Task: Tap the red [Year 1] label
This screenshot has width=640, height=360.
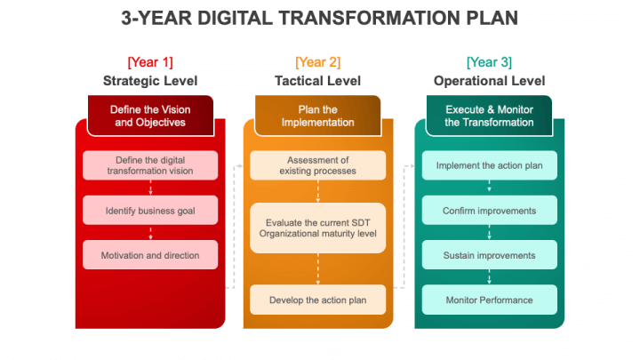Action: click(150, 62)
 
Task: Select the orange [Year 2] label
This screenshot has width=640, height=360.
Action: click(317, 62)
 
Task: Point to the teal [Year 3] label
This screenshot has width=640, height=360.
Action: click(489, 62)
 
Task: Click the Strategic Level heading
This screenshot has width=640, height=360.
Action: click(150, 81)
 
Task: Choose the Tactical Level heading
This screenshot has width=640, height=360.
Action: click(317, 81)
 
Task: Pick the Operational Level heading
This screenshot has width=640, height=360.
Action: click(489, 81)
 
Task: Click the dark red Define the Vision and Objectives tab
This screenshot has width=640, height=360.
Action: click(150, 116)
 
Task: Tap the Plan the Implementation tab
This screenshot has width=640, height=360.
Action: click(317, 116)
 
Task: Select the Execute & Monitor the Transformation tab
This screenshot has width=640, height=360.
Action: click(489, 116)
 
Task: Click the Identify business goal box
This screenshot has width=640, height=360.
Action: click(150, 210)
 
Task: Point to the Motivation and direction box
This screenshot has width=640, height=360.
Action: click(150, 255)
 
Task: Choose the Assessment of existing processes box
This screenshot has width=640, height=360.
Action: click(317, 165)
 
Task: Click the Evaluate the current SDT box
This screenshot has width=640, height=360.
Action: click(317, 228)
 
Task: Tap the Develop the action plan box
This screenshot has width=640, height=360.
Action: click(317, 300)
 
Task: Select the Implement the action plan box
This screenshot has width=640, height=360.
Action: click(490, 165)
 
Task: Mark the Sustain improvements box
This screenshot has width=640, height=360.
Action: click(490, 255)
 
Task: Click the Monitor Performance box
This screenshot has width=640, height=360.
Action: click(490, 300)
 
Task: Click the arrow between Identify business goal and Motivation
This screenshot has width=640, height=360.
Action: click(150, 233)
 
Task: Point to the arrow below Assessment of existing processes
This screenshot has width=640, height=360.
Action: click(318, 191)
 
